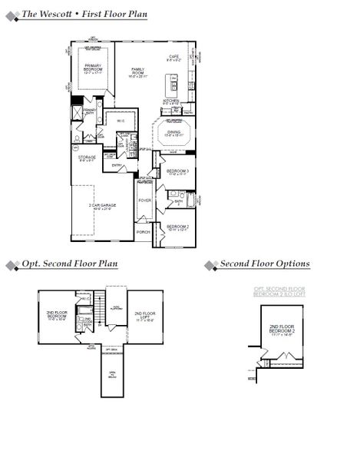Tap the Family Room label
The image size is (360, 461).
point(137,71)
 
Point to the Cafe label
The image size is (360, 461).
point(174,57)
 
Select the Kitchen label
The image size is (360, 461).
point(171,101)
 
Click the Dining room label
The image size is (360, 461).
point(174,132)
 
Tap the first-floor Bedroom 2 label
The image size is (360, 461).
point(177,227)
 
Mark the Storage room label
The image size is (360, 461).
point(87,158)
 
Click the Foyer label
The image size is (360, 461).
point(144,201)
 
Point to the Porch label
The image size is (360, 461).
point(143,231)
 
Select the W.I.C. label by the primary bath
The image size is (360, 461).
point(121,120)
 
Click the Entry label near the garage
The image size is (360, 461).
point(117,165)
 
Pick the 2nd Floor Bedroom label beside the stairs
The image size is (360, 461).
point(58,315)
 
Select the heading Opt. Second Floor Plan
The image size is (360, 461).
point(69,264)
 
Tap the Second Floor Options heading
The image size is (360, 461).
point(265,264)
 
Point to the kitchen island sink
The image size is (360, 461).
point(173,79)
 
